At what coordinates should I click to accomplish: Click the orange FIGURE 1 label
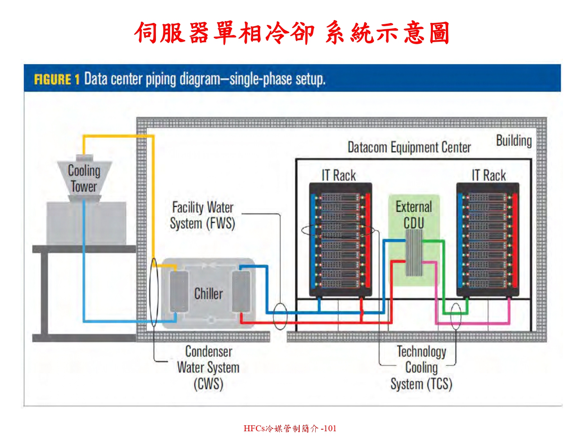click(56, 79)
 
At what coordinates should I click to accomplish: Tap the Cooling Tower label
click(84, 178)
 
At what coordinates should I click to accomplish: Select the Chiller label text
click(208, 293)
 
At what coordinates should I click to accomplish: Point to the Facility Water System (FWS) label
click(203, 215)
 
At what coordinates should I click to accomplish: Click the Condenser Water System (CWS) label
click(208, 367)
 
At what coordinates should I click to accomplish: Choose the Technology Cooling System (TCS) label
click(422, 367)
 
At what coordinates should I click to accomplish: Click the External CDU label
click(414, 214)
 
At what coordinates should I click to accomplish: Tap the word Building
click(514, 140)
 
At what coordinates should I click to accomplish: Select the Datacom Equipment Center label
click(409, 148)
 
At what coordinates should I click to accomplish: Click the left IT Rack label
click(339, 175)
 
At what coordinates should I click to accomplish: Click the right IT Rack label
click(489, 175)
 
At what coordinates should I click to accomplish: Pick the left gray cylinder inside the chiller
click(179, 291)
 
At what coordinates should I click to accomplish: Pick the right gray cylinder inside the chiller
click(241, 291)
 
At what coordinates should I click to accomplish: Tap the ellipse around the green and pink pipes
click(456, 316)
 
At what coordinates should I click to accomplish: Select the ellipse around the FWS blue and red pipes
click(280, 316)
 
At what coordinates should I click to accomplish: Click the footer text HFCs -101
click(289, 428)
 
